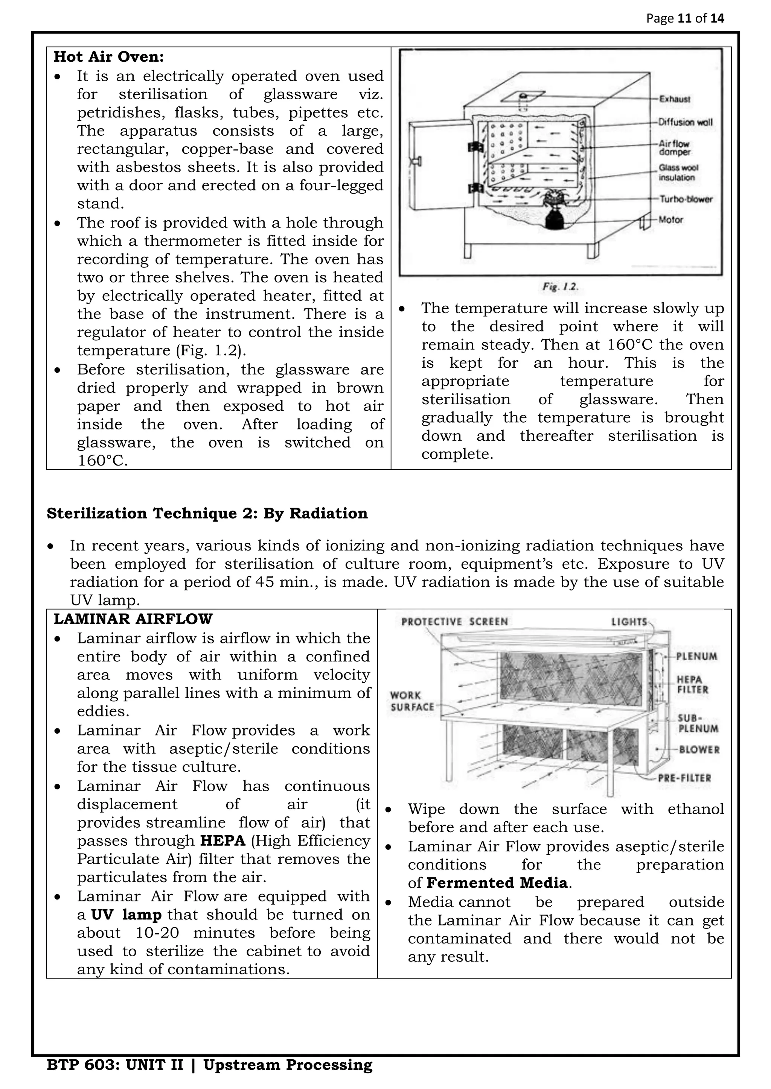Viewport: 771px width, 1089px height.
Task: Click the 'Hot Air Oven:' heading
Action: pos(109,57)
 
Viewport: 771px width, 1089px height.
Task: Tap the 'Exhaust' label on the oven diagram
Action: pos(675,99)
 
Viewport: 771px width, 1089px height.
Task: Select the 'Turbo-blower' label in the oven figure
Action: pos(686,199)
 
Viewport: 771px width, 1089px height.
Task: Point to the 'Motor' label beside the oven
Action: pos(670,220)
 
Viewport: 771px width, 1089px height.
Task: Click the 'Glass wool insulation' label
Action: pos(678,173)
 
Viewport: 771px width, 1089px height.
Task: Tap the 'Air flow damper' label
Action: pos(674,147)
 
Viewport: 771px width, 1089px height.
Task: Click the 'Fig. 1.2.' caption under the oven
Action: pos(560,287)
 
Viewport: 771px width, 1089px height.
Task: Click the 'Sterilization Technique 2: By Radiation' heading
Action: pos(207,514)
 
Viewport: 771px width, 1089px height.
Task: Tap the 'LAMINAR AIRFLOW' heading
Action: pos(133,619)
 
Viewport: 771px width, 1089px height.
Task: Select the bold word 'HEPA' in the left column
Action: pos(222,841)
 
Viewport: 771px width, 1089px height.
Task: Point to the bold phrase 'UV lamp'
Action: pos(126,915)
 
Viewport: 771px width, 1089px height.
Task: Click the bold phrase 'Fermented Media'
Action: pos(497,883)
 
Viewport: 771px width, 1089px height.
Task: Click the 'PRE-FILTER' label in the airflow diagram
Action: pos(684,778)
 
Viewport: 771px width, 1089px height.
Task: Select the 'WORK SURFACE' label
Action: pos(412,701)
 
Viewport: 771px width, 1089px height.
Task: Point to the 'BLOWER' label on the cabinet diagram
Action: pos(699,750)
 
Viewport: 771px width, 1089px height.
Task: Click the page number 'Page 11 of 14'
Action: pos(685,18)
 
